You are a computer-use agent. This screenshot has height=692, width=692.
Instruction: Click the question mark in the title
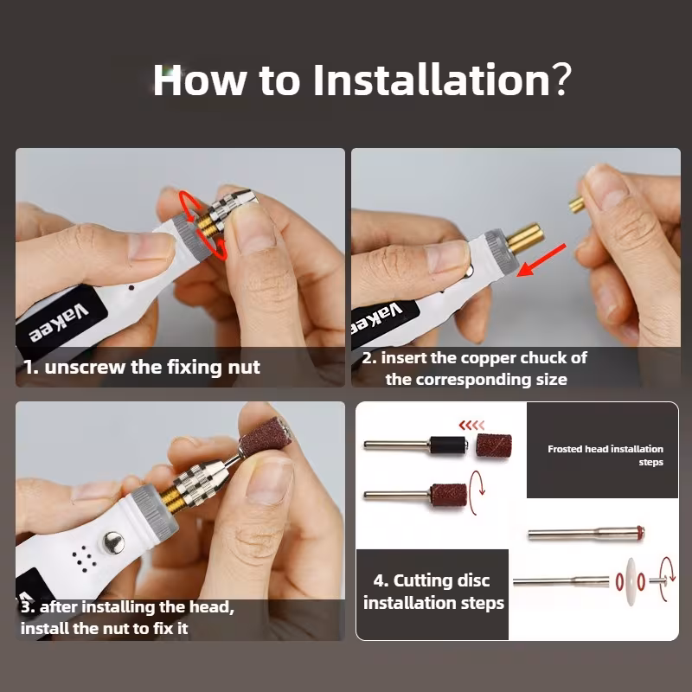(561, 80)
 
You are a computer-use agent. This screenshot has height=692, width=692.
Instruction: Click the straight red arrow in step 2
(541, 260)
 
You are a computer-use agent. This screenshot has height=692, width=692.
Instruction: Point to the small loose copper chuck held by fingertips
(576, 205)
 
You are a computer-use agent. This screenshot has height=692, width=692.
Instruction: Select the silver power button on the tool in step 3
(113, 542)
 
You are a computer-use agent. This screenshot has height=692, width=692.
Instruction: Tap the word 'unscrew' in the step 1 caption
(85, 367)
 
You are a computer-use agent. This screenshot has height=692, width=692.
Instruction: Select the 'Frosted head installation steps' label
(605, 456)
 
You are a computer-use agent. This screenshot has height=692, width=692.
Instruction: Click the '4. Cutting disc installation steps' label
(433, 592)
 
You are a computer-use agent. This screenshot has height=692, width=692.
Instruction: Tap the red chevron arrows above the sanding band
(471, 426)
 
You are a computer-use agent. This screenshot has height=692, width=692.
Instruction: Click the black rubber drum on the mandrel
(448, 445)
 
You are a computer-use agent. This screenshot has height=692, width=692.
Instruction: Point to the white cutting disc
(630, 580)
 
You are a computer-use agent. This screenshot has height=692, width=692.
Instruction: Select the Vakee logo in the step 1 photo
(59, 323)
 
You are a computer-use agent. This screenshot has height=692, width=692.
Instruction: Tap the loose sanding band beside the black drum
(494, 445)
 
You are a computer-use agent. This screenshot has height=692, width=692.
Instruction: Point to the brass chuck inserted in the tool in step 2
(524, 239)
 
